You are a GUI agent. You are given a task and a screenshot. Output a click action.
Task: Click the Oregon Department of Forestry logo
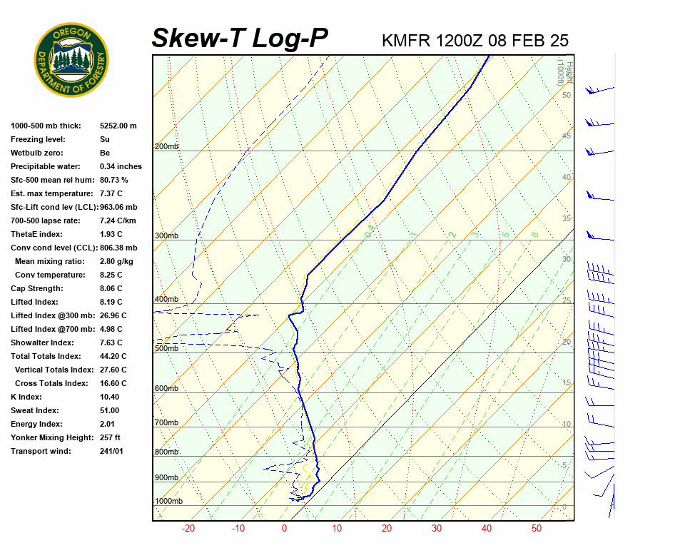(71, 59)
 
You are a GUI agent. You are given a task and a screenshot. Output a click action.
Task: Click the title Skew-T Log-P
(240, 39)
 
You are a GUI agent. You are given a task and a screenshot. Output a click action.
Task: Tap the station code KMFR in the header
(406, 40)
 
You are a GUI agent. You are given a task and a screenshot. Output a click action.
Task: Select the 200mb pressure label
(166, 146)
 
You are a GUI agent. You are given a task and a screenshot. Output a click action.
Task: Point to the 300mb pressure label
(166, 235)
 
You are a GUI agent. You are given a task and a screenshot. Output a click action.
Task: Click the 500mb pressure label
(166, 348)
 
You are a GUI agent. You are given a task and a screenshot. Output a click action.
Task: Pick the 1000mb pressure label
(168, 501)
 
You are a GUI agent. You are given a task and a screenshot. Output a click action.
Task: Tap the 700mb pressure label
(166, 423)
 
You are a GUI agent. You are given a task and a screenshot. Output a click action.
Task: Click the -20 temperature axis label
(188, 529)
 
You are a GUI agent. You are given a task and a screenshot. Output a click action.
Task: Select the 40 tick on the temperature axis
(487, 529)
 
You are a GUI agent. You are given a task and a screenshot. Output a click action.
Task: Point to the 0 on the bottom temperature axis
(284, 529)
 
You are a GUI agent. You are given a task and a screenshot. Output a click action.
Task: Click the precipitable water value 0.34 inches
(121, 166)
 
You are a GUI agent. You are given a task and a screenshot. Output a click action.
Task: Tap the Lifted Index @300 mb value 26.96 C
(113, 315)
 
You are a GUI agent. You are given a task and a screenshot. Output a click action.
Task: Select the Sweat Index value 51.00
(109, 410)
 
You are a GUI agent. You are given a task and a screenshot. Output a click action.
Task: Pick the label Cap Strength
(36, 288)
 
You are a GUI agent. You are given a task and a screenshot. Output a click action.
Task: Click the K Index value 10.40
(109, 397)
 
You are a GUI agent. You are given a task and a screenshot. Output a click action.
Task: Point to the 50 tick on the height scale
(566, 95)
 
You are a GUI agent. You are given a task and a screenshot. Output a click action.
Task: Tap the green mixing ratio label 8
(534, 234)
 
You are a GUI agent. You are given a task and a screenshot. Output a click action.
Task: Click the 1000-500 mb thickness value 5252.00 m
(118, 126)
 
